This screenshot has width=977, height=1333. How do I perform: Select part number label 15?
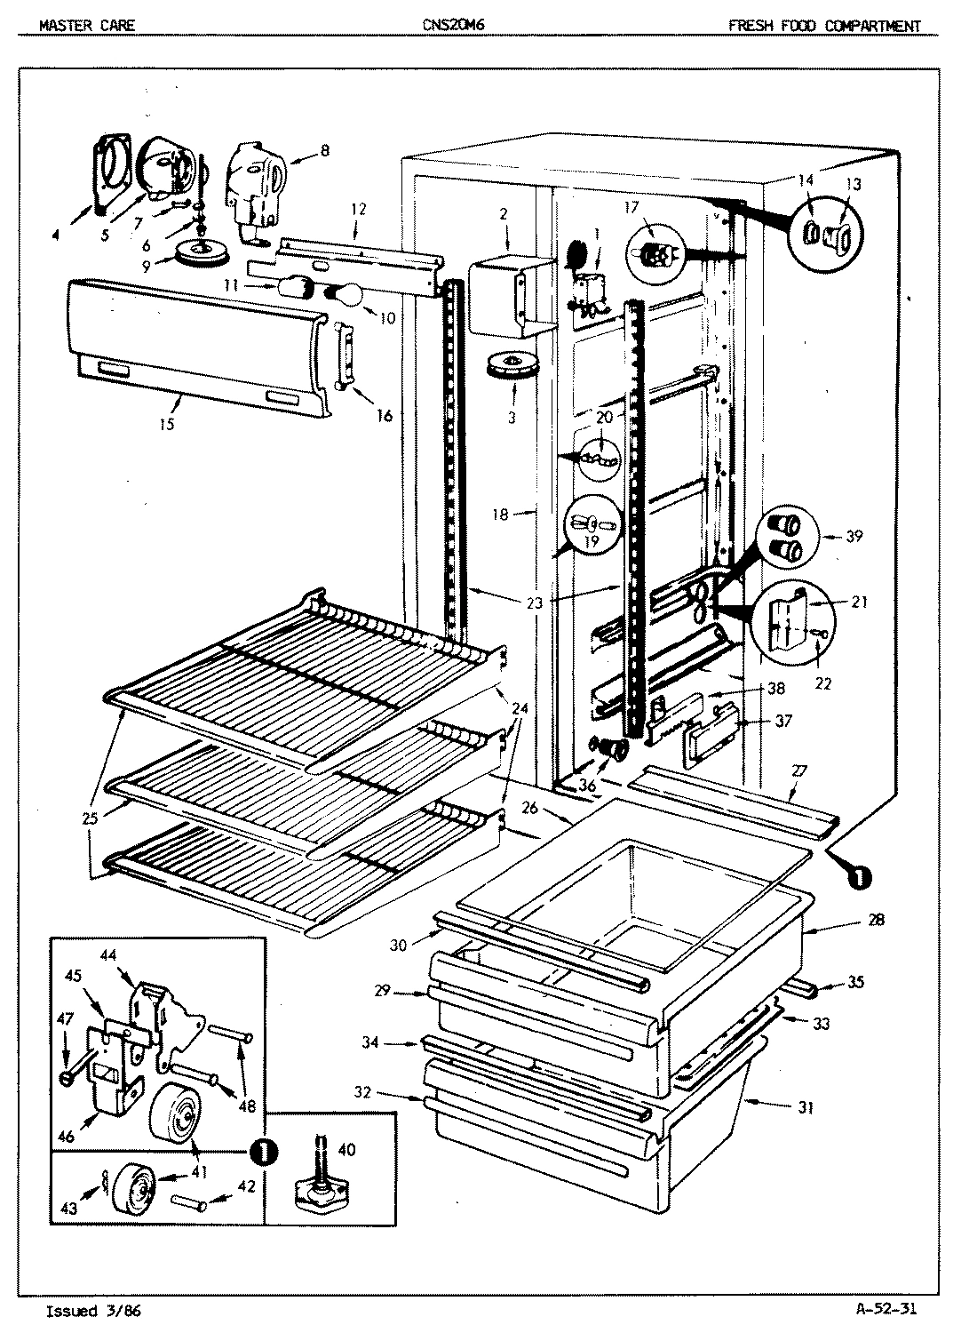pyautogui.click(x=167, y=424)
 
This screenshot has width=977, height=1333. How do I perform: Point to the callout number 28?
pyautogui.click(x=875, y=920)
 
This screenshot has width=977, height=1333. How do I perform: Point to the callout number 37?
pyautogui.click(x=782, y=721)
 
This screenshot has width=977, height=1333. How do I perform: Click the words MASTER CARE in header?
pyautogui.click(x=87, y=26)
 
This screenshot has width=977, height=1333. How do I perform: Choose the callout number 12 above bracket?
pyautogui.click(x=358, y=209)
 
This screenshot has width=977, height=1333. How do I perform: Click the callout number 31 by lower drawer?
pyautogui.click(x=805, y=1107)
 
